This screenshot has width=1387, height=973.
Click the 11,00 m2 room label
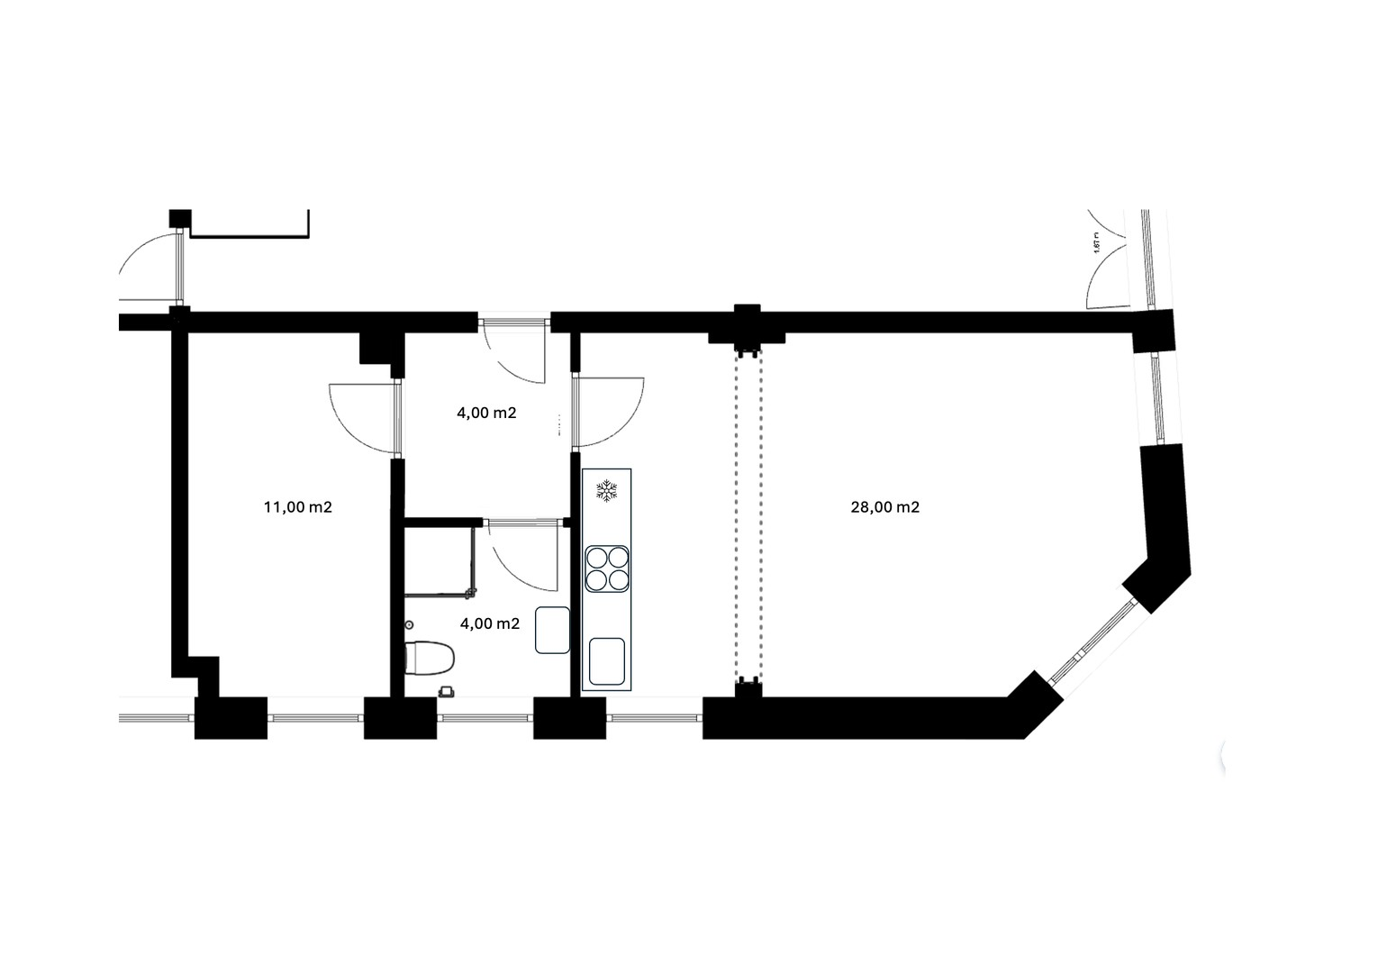[297, 507]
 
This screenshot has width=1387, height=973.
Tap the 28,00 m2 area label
[884, 507]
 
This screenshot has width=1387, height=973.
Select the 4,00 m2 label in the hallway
[486, 414]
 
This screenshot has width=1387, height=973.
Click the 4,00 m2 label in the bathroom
[489, 623]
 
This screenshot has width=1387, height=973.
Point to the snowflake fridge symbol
[607, 491]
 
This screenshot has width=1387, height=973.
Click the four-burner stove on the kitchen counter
[607, 568]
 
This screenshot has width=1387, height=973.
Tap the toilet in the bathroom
[429, 658]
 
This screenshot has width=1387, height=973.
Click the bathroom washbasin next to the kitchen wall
[552, 631]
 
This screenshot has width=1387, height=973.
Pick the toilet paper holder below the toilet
[446, 691]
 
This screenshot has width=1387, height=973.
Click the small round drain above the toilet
[410, 624]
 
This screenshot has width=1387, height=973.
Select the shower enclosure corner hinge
[470, 592]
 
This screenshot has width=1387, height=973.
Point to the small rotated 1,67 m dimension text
[1097, 245]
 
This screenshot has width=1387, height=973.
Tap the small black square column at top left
[180, 218]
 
